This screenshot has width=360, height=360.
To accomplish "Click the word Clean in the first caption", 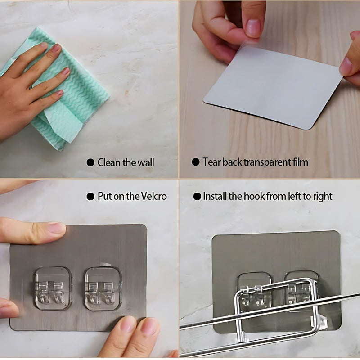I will tap(108, 162).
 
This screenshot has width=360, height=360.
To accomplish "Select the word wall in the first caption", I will tap(144, 162).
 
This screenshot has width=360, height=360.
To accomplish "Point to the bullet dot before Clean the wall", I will tap(90, 162).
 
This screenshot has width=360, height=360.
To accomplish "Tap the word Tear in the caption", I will tap(211, 162).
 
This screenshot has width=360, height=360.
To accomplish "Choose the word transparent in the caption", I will tap(266, 162).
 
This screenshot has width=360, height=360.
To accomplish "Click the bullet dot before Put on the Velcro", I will tap(90, 197).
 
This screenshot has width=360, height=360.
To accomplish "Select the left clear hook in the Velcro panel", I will tap(54, 288).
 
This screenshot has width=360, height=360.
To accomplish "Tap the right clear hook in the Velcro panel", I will tap(103, 288).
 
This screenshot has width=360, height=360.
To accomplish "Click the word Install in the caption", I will tap(216, 197).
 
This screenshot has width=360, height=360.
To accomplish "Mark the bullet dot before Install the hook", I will tap(197, 197).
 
